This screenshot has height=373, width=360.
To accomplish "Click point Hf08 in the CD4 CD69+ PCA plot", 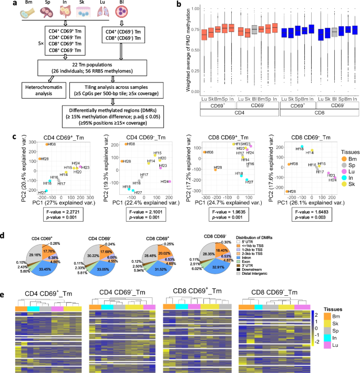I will tap(46, 144).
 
